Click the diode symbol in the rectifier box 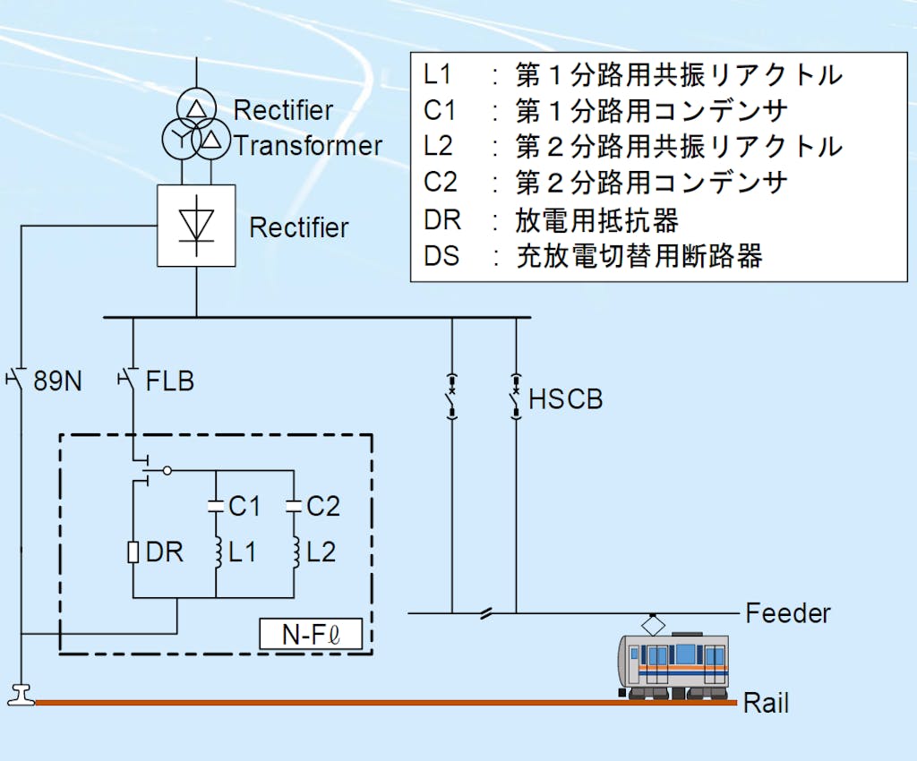tap(196, 225)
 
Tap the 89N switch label tap(57, 380)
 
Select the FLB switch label tap(170, 380)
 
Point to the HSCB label tap(566, 399)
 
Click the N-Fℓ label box tap(310, 634)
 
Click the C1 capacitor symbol tap(216, 506)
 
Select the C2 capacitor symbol tap(294, 506)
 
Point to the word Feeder tap(788, 613)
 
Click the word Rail tap(767, 703)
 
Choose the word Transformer tap(308, 146)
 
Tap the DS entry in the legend tap(441, 256)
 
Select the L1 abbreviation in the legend tap(439, 74)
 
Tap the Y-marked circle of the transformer tap(178, 139)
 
